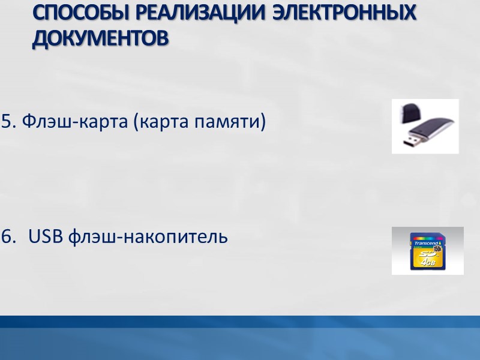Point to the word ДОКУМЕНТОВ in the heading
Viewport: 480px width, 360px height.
(100, 38)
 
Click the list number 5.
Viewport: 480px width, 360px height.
(8, 122)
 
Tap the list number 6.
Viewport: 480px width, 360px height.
(8, 237)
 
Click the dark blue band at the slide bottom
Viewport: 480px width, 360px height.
(240, 322)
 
